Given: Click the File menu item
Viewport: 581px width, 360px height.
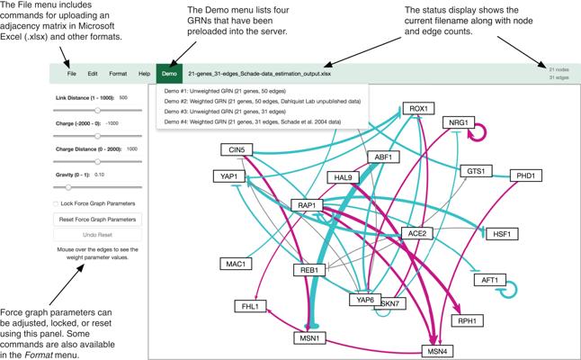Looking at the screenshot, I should pyautogui.click(x=72, y=72).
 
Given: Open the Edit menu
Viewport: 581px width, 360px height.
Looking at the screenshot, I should pyautogui.click(x=93, y=72).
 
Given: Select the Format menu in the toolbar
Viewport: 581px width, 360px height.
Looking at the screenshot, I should pyautogui.click(x=117, y=72).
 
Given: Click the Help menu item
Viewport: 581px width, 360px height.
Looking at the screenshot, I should pyautogui.click(x=144, y=72).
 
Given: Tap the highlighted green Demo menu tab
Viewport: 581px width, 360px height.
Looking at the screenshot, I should pyautogui.click(x=169, y=72).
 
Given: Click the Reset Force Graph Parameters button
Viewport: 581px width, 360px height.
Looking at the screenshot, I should pyautogui.click(x=97, y=219).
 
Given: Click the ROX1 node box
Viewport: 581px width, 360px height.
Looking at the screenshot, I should pyautogui.click(x=419, y=109).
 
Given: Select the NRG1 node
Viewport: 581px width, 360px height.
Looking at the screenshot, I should pyautogui.click(x=460, y=122).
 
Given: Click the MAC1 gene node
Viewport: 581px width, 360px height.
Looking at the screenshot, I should pyautogui.click(x=236, y=264).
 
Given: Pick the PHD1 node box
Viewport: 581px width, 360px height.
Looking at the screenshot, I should pyautogui.click(x=525, y=175).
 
